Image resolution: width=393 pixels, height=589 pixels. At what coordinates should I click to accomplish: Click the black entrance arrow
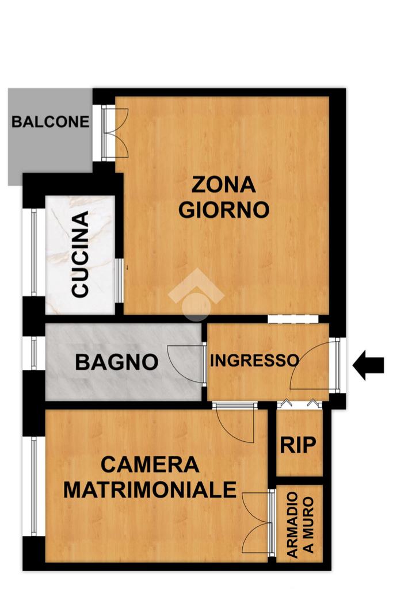click(x=368, y=365)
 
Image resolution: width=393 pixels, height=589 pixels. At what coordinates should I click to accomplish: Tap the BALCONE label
click(x=50, y=122)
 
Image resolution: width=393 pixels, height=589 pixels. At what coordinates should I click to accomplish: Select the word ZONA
click(x=224, y=185)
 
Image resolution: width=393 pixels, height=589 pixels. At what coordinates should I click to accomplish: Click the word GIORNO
click(x=224, y=209)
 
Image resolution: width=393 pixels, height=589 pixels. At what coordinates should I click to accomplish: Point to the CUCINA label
click(x=81, y=254)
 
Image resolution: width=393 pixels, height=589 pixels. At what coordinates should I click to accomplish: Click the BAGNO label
click(x=116, y=362)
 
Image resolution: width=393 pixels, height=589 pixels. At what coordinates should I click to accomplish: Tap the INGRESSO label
click(x=254, y=361)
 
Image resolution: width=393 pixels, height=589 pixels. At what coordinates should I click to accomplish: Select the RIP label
click(x=298, y=445)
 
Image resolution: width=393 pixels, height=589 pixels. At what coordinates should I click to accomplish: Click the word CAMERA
click(x=150, y=465)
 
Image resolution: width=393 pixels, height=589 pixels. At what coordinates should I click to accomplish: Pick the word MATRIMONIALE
click(x=150, y=489)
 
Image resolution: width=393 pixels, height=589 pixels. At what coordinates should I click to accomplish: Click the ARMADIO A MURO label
click(x=300, y=525)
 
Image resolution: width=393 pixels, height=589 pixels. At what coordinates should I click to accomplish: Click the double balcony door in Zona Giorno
click(x=115, y=133)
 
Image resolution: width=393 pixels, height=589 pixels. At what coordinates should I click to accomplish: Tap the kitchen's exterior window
click(x=33, y=252)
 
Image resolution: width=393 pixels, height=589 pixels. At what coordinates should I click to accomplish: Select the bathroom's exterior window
click(x=34, y=353)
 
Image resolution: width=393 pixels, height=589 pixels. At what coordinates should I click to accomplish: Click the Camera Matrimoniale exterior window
click(x=34, y=486)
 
